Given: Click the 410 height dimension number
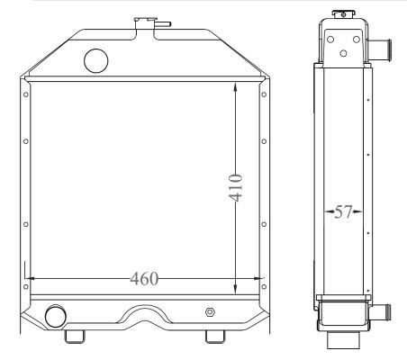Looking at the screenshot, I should (x=236, y=186).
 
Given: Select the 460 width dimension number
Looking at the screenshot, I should (x=143, y=279).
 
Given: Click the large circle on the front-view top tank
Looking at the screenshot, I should (x=95, y=60).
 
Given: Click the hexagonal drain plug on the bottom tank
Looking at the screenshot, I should (x=210, y=312).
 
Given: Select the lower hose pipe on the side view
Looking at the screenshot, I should (x=383, y=311).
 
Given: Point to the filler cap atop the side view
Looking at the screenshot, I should (x=342, y=13).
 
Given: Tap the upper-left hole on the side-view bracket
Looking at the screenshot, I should (x=330, y=38).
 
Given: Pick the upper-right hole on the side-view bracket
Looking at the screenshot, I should (x=355, y=38).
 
